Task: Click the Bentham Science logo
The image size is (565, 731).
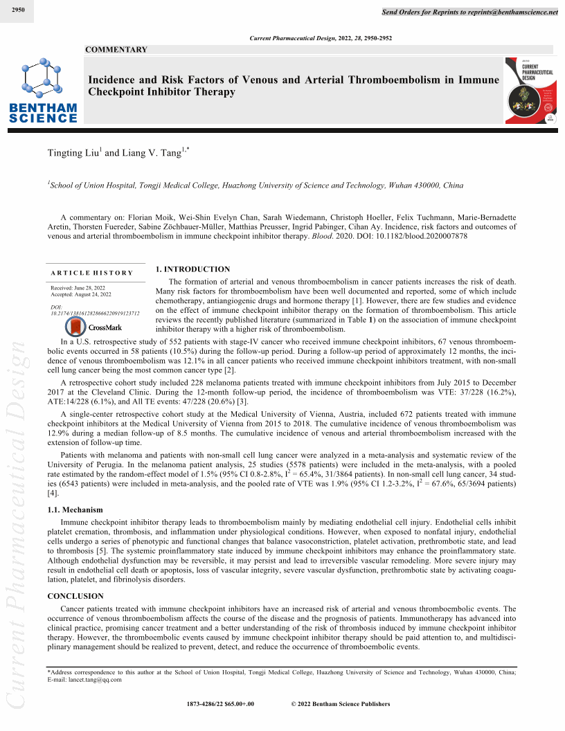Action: point(43,91)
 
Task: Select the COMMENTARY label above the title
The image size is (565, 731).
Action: point(116,50)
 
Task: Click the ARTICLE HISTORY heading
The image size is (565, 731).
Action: point(91,273)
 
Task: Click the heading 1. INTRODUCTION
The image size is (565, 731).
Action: point(192,269)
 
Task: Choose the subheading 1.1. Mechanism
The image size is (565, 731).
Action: point(75,509)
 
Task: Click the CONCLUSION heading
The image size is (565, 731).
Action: point(75,595)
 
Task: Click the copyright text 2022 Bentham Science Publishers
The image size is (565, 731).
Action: point(341,704)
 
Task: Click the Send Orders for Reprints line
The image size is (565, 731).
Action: point(470,12)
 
